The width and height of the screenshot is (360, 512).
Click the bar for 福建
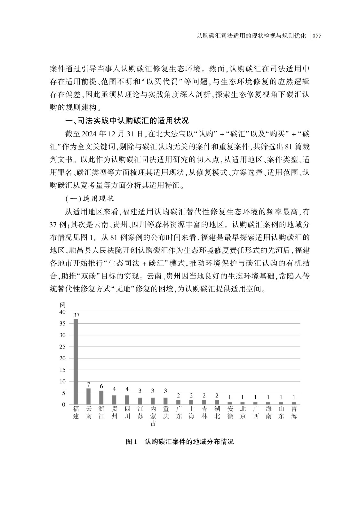76,362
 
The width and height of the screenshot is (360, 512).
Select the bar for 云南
89,396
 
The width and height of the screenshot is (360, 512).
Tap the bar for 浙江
101,397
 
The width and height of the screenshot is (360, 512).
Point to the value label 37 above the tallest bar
76,315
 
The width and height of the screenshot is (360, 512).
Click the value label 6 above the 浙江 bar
101,386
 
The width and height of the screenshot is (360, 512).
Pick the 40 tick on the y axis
62,312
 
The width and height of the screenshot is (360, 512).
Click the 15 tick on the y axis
62,370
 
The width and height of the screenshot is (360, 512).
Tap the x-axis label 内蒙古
153,416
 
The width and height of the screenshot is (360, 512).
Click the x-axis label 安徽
230,412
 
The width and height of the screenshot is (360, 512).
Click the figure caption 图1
131,442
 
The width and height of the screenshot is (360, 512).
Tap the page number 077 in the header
316,36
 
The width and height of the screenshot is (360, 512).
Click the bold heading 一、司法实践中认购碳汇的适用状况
127,121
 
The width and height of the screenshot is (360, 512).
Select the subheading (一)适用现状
90,199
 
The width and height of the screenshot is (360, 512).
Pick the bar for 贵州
114,400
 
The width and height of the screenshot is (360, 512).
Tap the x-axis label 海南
268,412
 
